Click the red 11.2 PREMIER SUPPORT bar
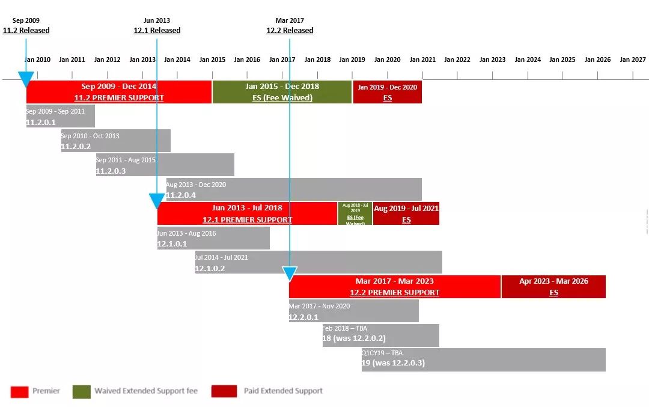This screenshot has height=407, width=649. point(119,92)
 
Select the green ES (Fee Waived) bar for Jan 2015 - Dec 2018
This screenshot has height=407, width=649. point(282,92)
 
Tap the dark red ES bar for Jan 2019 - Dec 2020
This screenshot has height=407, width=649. point(388,92)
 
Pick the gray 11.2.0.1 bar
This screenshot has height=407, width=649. point(60,116)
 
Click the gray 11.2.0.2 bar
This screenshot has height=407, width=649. point(115,141)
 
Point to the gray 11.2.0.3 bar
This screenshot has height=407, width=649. point(165,165)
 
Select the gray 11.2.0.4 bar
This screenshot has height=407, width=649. point(294,189)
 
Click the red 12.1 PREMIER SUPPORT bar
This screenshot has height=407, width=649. point(247,213)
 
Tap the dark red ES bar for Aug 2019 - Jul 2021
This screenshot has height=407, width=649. point(406,213)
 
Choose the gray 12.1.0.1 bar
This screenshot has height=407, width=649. point(213,238)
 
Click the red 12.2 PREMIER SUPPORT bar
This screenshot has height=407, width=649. point(395,287)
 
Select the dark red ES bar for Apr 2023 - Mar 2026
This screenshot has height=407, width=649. point(553,287)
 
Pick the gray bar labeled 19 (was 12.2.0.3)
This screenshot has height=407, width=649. point(484,360)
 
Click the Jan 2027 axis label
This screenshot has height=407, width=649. point(633,60)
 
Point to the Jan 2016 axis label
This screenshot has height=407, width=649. point(247,60)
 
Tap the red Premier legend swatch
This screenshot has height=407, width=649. point(19,391)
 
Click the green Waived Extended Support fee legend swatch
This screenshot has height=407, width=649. point(82,391)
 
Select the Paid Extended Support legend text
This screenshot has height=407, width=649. point(283,391)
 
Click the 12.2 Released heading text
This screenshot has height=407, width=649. point(290,31)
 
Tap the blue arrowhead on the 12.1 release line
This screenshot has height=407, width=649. point(157,201)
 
